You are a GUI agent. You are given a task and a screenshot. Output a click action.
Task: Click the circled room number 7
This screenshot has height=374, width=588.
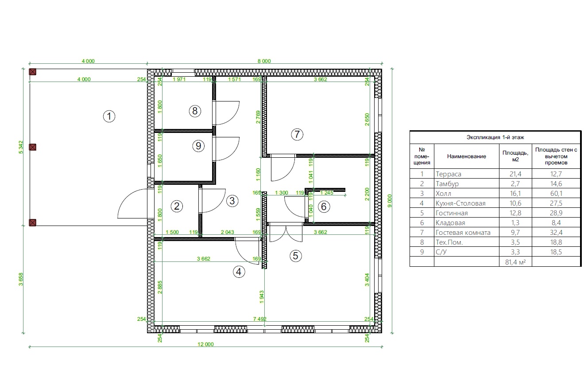click(x=297, y=134)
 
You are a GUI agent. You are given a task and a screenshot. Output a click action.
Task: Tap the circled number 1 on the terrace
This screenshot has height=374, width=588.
click(x=109, y=116)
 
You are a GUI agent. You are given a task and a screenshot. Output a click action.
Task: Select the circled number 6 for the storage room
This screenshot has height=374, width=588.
click(x=324, y=206)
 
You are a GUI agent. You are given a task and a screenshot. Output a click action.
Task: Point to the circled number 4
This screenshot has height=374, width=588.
click(x=239, y=272)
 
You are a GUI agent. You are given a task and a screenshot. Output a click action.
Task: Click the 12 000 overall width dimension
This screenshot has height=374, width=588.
click(x=205, y=344)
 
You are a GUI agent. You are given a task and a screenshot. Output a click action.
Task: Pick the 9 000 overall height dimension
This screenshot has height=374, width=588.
click(x=390, y=201)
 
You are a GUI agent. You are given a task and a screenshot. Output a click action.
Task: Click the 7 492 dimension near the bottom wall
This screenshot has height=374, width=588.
click(x=259, y=319)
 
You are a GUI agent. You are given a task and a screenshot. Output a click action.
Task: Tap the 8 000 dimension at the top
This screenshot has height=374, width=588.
click(x=264, y=61)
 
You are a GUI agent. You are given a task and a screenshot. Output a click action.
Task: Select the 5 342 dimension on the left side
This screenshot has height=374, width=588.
click(x=21, y=147)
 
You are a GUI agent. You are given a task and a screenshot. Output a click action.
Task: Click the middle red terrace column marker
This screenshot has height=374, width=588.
click(x=33, y=147)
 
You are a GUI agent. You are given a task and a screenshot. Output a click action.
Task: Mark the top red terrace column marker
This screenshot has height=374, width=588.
click(x=33, y=72)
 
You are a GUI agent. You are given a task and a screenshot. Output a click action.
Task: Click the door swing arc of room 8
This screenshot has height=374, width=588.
click(x=235, y=116)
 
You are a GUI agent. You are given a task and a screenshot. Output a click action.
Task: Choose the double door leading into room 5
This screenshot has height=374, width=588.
click(x=286, y=233)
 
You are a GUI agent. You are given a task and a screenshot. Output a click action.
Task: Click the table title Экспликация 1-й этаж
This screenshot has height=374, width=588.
click(x=495, y=137)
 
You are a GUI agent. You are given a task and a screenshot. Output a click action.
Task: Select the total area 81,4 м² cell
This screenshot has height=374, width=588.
click(x=515, y=262)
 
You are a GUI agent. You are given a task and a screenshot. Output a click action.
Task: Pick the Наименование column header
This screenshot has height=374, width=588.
click(x=467, y=156)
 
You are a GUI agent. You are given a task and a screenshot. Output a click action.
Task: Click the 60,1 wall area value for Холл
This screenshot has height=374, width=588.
click(x=556, y=194)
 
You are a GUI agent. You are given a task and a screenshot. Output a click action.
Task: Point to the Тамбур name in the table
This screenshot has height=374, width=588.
click(x=447, y=184)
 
